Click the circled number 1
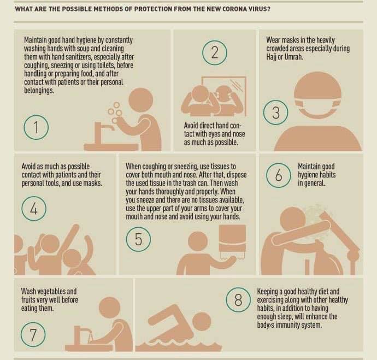(36, 127)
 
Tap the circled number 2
(215, 52)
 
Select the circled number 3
(275, 112)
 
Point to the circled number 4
(34, 208)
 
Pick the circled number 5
(138, 239)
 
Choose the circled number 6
(279, 175)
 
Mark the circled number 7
(33, 334)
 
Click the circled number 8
(238, 300)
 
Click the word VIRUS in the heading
(261, 9)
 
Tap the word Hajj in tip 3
(271, 57)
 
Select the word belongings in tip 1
(39, 91)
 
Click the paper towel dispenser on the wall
(232, 241)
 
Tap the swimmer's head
(202, 322)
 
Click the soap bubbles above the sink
(115, 113)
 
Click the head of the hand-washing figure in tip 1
(141, 100)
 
